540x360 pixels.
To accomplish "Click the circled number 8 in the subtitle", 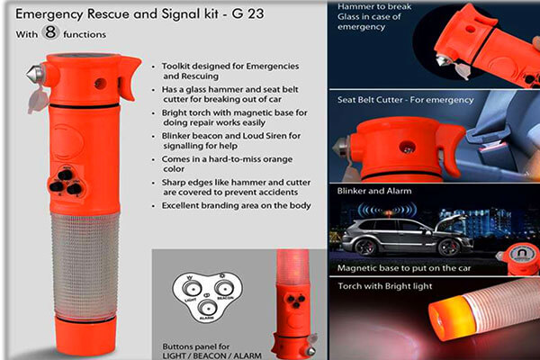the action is [x=50, y=32].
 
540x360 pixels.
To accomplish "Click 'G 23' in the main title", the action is [x=247, y=13].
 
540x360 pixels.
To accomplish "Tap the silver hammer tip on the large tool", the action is [x=35, y=73].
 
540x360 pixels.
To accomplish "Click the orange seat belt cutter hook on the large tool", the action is [x=129, y=78].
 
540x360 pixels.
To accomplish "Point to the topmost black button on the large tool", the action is [x=65, y=175].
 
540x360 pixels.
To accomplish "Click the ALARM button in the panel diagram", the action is [x=206, y=307].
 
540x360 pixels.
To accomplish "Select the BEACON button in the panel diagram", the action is [x=224, y=287].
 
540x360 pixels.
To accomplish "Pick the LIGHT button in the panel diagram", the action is [x=191, y=288].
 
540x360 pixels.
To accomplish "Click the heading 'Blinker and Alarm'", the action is [x=374, y=191].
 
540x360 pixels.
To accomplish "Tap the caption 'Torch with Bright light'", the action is [x=384, y=286].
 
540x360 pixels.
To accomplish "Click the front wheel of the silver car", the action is [x=449, y=247].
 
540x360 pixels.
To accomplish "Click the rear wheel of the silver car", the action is [x=364, y=247].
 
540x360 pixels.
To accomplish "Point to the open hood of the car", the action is [x=451, y=221].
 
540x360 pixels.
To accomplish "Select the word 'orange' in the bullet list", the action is [x=276, y=160].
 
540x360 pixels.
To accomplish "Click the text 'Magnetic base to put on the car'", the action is [x=403, y=268].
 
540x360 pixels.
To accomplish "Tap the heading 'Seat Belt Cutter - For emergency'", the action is [x=405, y=100].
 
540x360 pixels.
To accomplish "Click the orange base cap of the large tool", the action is [x=85, y=336].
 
